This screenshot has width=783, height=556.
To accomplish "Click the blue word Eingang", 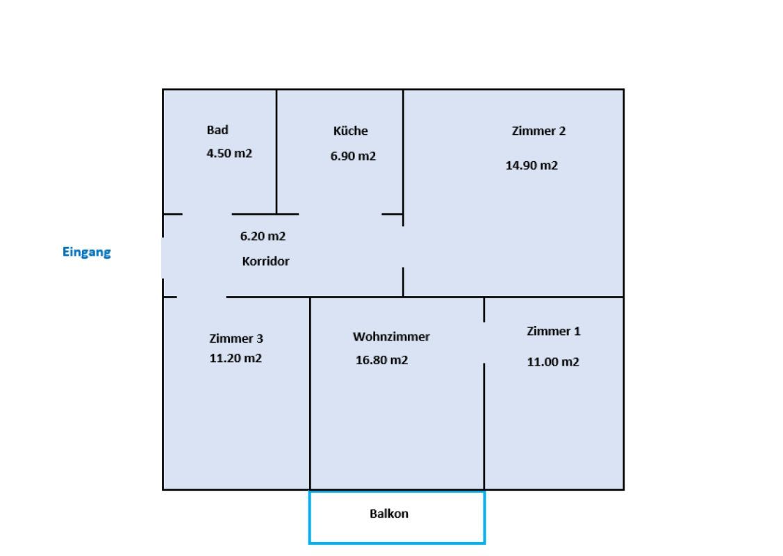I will (x=87, y=252).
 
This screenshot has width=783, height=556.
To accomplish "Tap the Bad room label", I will (x=217, y=130).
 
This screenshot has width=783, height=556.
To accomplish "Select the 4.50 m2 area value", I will (x=229, y=154).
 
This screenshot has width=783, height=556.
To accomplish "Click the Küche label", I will (x=351, y=131).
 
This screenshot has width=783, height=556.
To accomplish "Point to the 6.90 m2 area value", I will (x=353, y=156).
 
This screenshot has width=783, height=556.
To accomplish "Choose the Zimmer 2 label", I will (x=538, y=131).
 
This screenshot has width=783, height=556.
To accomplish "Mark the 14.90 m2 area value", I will (x=531, y=165).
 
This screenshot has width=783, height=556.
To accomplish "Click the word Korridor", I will (x=265, y=262).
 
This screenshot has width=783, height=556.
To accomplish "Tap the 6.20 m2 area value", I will (x=263, y=236).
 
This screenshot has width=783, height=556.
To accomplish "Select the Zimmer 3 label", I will (x=236, y=338).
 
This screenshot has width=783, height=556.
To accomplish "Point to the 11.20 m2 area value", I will (x=236, y=359).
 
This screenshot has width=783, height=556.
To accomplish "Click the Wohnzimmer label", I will (x=391, y=337).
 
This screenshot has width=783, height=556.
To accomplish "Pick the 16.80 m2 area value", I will (x=381, y=360).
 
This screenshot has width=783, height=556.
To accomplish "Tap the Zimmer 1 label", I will (x=553, y=332).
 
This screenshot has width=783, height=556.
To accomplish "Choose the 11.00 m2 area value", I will (x=553, y=362).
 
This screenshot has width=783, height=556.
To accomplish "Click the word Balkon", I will (x=389, y=514).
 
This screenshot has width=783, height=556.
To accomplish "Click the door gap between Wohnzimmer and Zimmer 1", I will (x=484, y=342).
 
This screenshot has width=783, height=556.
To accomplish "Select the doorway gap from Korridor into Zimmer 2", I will (x=404, y=246).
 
